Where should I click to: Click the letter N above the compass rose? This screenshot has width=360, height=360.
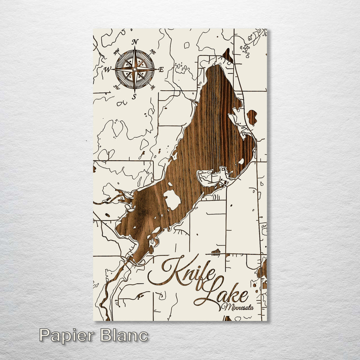tap(135, 42)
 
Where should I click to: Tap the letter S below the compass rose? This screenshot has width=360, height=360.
tap(134, 96)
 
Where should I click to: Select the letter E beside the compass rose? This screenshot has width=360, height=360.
tap(161, 69)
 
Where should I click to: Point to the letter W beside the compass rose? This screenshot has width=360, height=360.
tap(108, 69)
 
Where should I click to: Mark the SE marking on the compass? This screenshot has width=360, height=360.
tap(153, 87)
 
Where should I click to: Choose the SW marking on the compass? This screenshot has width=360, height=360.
tap(116, 87)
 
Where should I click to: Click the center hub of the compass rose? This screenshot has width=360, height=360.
tap(135, 69)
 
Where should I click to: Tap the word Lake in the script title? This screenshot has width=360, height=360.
tap(223, 293)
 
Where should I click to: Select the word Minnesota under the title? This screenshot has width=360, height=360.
tap(238, 307)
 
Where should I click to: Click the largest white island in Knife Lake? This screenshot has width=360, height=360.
tap(172, 200)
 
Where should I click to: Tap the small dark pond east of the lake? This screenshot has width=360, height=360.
tap(252, 117)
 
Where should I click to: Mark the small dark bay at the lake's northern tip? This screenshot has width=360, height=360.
tap(228, 56)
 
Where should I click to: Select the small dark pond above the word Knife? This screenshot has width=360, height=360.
tap(216, 252)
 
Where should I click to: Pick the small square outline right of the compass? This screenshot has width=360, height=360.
tap(186, 45)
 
